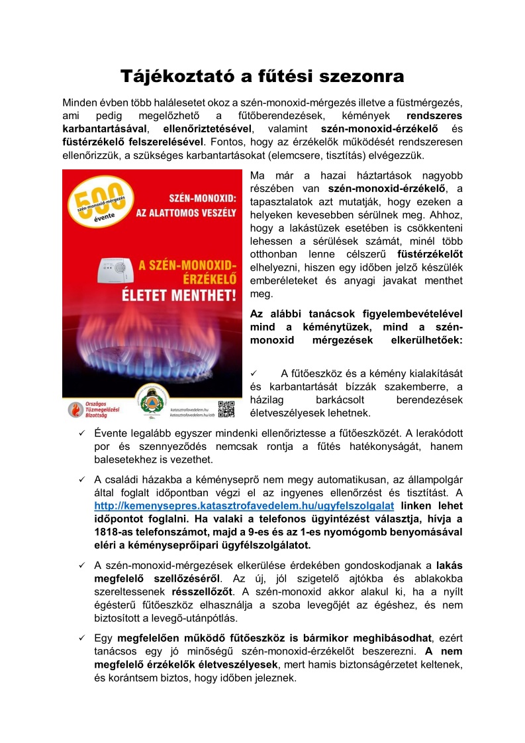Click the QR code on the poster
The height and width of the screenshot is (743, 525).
coord(226,409)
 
